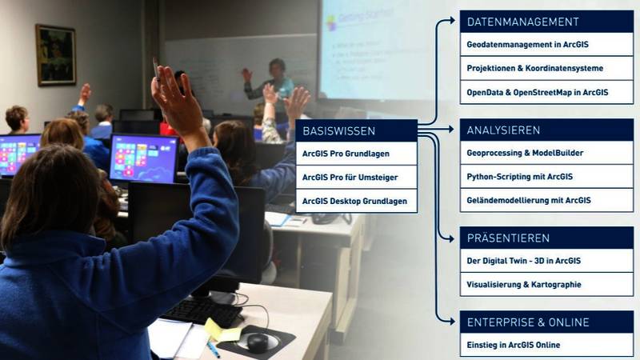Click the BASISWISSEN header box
pos(356,130)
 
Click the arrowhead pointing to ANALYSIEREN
pos(451,130)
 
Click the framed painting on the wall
pos(56,55)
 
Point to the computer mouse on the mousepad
pos(258,342)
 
